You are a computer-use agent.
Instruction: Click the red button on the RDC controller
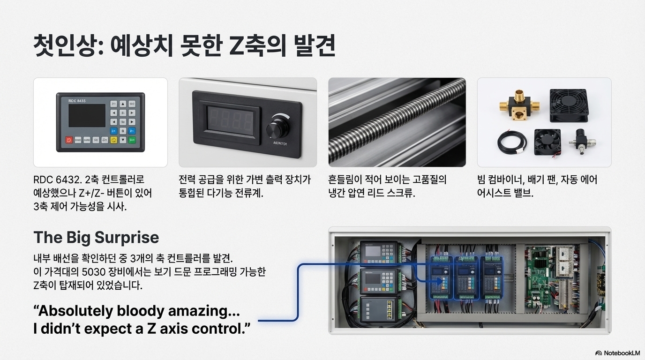point(69,140)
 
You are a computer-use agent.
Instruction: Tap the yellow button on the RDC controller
point(113,140)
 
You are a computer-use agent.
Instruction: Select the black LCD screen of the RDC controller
point(87,116)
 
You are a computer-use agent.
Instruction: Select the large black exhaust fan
point(569,105)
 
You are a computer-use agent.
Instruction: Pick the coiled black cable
point(512,141)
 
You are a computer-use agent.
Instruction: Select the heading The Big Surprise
point(96,237)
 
